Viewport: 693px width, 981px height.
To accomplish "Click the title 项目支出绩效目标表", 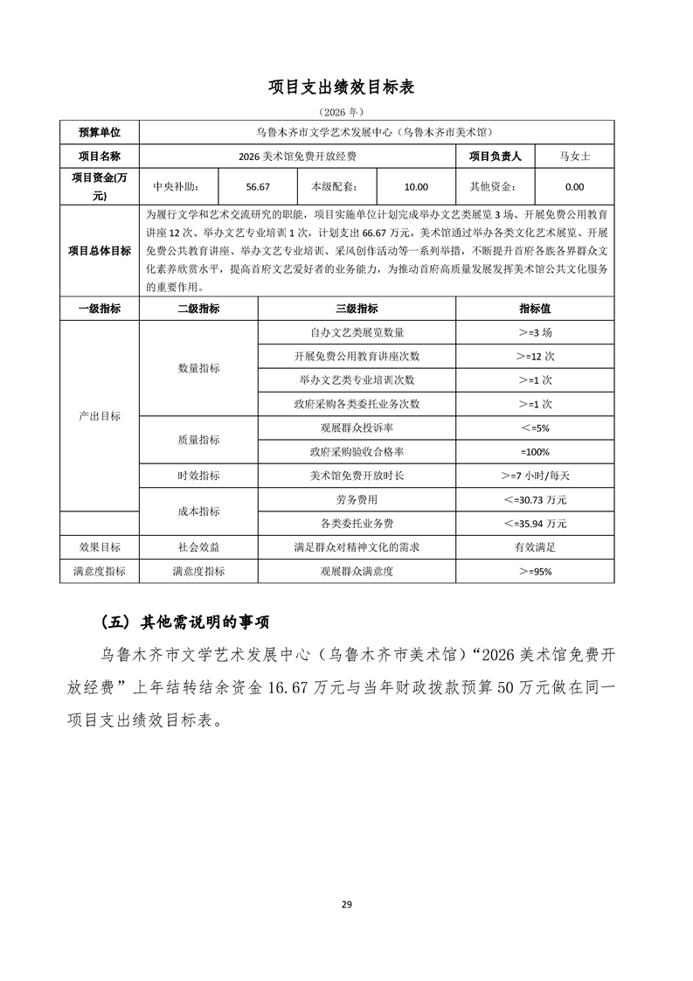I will pos(346,87).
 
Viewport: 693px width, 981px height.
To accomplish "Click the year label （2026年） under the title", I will pos(346,113).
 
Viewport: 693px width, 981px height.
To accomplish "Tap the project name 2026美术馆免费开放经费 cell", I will pos(297,157).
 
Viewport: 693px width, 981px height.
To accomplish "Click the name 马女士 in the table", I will pos(575,157).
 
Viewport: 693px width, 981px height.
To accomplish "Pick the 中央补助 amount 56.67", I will pos(258,186).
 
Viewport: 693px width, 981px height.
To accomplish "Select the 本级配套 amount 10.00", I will pos(416,186).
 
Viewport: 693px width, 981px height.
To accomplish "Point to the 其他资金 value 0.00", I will pos(574,186).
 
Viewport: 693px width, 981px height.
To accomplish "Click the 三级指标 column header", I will pos(357,309).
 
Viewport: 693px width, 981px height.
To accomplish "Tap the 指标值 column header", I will pos(535,309).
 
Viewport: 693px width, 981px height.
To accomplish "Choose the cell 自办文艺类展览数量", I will pos(357,333).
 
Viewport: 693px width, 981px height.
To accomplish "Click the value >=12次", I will pos(535,357).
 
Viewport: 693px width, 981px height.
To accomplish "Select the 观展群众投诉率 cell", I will pos(357,428).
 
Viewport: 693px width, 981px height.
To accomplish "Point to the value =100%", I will pos(535,452).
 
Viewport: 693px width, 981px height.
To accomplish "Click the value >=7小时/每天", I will pos(535,476).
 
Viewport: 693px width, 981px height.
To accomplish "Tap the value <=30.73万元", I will pos(535,499).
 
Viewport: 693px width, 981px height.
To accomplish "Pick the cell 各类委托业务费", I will pos(357,523).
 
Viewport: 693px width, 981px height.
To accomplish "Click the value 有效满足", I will pos(535,546).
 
